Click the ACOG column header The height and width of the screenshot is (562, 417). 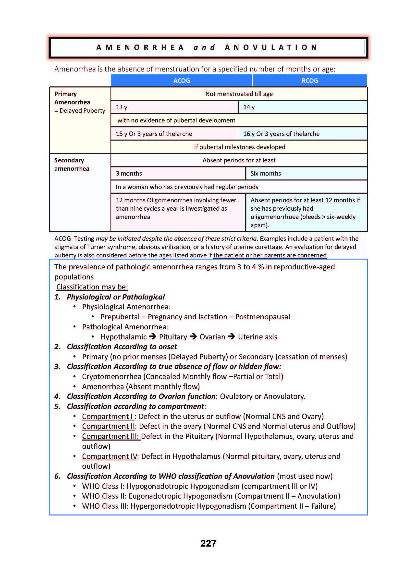click(x=182, y=81)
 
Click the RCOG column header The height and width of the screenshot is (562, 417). click(x=310, y=81)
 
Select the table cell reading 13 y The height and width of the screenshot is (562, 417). click(x=174, y=107)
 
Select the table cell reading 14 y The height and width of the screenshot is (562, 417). click(x=302, y=107)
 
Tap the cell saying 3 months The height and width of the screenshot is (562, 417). click(x=178, y=174)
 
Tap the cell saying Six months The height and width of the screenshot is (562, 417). click(x=306, y=174)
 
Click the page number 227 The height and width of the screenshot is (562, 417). click(x=208, y=543)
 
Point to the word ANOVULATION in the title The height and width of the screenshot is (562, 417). click(x=271, y=48)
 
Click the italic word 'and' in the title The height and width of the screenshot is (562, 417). click(x=204, y=48)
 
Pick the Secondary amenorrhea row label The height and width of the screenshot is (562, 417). click(x=72, y=165)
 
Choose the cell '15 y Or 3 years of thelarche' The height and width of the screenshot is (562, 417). click(x=154, y=134)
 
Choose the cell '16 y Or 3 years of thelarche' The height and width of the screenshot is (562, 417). click(x=281, y=134)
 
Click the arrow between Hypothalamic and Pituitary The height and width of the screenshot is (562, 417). click(x=153, y=336)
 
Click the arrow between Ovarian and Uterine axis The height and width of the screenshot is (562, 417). click(x=232, y=336)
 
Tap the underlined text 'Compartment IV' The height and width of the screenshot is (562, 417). click(x=110, y=456)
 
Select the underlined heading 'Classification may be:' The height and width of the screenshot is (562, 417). click(x=92, y=287)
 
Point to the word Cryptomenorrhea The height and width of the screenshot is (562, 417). click(x=111, y=377)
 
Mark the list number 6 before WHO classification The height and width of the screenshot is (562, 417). click(x=57, y=476)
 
